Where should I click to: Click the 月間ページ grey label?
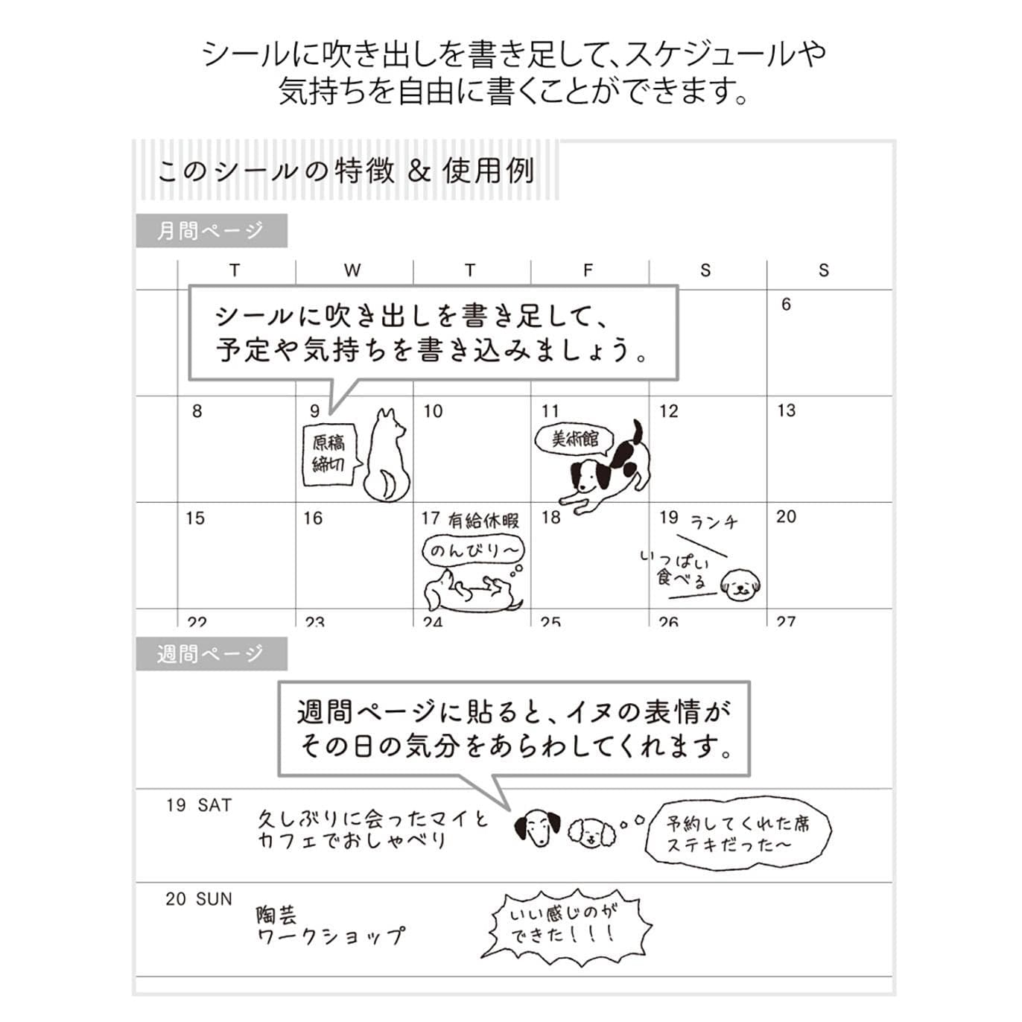pyautogui.click(x=211, y=231)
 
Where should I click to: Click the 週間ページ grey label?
pyautogui.click(x=211, y=654)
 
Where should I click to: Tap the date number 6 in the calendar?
pyautogui.click(x=786, y=304)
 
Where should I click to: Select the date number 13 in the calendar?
pyautogui.click(x=786, y=410)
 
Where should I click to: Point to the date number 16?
pyautogui.click(x=313, y=518)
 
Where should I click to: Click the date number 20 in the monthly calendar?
pyautogui.click(x=786, y=517)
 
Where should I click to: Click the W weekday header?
pyautogui.click(x=352, y=270)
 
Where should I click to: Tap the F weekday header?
pyautogui.click(x=588, y=270)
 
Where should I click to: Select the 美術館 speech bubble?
pyautogui.click(x=574, y=439)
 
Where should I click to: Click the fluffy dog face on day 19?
pyautogui.click(x=740, y=585)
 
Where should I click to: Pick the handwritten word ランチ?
pyautogui.click(x=714, y=521)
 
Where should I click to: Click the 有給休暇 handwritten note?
pyautogui.click(x=483, y=520)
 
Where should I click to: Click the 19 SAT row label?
pyautogui.click(x=199, y=805)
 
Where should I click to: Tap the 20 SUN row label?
pyautogui.click(x=199, y=899)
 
